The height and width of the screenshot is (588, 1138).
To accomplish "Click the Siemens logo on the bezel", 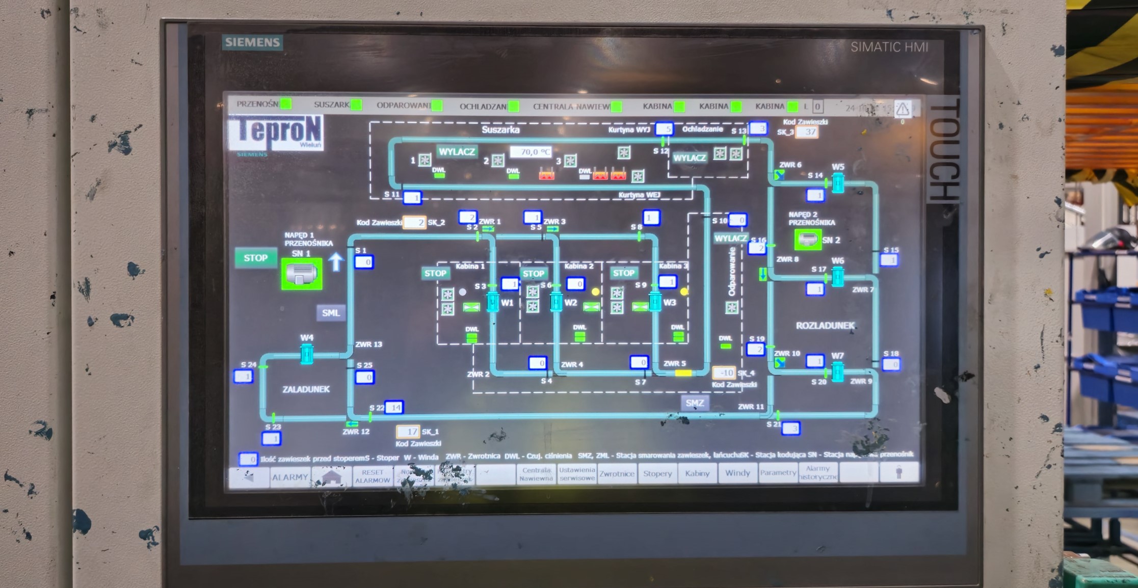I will point(252,42).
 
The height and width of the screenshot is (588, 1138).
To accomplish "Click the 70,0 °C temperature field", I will point(531,152).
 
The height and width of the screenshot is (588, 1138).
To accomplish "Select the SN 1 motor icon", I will point(302,274).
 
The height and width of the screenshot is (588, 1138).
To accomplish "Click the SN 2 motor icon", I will point(808,239).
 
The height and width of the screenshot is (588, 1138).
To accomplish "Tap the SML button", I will point(331,313).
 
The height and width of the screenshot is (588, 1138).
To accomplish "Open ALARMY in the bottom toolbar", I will point(289,477).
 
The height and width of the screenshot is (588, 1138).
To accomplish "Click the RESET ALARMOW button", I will point(372,476).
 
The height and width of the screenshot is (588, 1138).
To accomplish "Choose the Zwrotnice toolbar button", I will point(617,474).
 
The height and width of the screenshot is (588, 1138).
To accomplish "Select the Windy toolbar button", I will point(737,473).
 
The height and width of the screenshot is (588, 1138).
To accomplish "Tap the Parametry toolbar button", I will point(778,473).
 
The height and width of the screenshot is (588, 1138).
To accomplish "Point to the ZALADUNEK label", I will point(306,389).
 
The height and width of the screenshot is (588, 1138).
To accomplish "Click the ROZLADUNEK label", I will point(825,326).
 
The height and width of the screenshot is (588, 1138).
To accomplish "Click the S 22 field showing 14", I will point(394,407).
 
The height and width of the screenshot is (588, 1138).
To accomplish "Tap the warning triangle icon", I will point(903,109).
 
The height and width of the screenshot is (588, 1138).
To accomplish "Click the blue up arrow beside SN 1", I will point(336,261).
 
